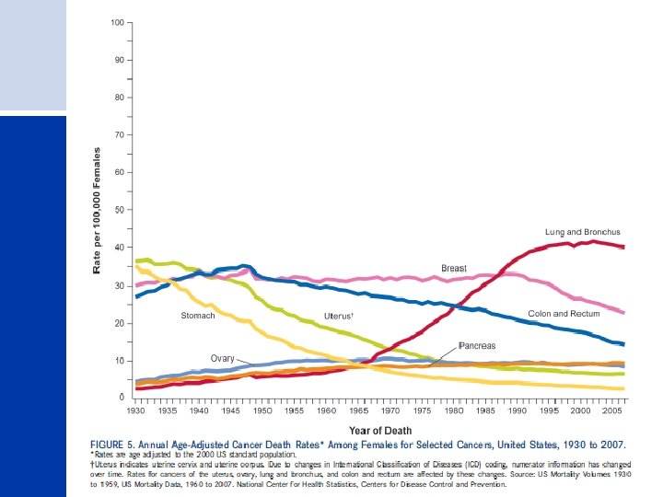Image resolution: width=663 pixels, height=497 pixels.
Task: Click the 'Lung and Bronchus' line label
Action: tap(582, 232)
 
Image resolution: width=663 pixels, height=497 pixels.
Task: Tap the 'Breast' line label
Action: tap(454, 269)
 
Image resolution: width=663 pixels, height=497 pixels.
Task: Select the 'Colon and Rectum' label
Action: tap(564, 314)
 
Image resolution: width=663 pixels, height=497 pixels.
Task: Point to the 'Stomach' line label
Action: tap(197, 316)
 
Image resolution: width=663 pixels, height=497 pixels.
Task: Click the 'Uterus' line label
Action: tap(340, 316)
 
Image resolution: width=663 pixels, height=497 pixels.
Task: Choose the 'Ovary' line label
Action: tap(223, 358)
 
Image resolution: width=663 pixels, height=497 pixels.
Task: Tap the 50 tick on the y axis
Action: tap(120, 210)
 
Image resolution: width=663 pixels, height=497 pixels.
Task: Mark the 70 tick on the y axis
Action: tap(120, 134)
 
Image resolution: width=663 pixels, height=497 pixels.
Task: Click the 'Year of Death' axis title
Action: tap(379, 430)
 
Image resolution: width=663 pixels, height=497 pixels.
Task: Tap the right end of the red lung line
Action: tap(623, 247)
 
